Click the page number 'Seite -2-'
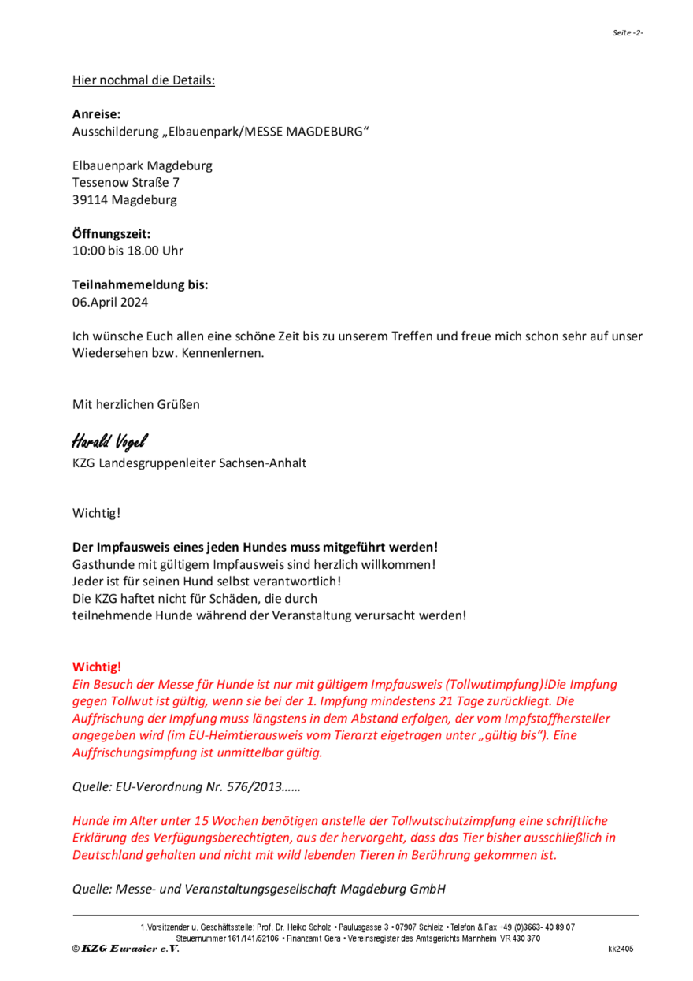tap(628, 32)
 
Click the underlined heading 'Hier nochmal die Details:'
tap(143, 80)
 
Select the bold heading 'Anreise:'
tap(97, 114)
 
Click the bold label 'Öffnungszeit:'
tap(111, 234)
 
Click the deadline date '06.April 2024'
tap(109, 302)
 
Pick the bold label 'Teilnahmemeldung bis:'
tap(140, 285)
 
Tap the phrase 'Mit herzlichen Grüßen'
tap(136, 404)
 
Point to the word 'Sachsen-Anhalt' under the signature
tap(267, 463)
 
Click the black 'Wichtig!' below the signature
tap(96, 514)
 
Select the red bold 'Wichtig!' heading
tap(97, 667)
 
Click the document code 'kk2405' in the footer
tap(620, 949)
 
